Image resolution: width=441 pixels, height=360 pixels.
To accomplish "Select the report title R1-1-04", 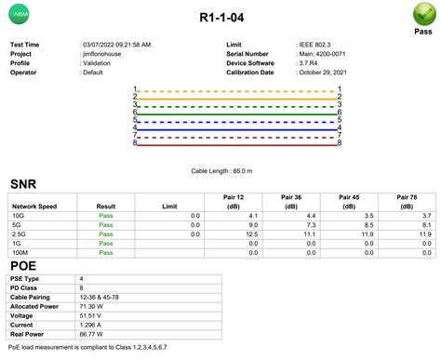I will [x=220, y=18].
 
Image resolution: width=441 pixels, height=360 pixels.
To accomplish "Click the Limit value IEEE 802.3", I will [x=317, y=45].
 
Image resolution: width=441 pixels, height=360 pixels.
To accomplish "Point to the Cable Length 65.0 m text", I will [x=220, y=172].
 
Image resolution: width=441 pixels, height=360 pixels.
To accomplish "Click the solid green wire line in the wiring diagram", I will [x=237, y=112].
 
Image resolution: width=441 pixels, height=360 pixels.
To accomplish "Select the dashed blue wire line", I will [x=237, y=120].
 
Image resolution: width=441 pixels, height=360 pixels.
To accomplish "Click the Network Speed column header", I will [x=34, y=206].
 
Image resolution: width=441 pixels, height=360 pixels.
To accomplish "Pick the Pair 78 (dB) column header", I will [x=408, y=202].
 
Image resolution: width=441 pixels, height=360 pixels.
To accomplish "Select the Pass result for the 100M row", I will [x=106, y=252].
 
